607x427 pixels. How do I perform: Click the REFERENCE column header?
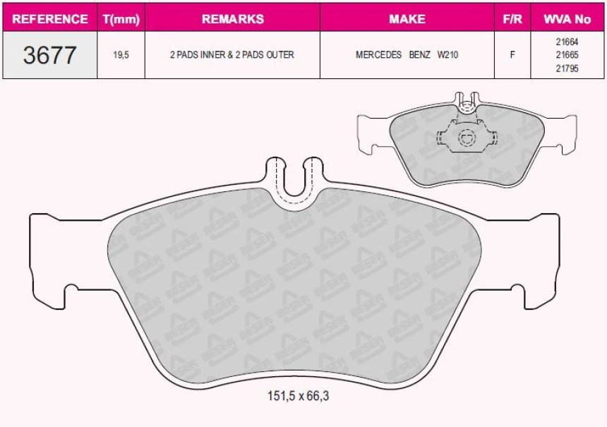50,19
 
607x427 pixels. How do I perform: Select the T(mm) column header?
121,19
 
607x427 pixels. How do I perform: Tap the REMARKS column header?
232,19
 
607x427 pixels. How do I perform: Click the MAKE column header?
407,19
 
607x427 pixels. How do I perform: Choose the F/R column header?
512,19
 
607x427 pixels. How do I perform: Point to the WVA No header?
567,19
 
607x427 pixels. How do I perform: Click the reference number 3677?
49,55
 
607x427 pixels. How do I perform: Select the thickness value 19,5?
121,55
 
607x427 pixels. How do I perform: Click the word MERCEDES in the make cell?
378,55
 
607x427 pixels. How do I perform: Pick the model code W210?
447,55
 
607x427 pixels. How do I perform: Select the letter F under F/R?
512,55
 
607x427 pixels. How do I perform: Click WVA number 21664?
567,41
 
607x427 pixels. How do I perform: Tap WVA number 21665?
567,54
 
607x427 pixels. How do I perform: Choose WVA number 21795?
567,68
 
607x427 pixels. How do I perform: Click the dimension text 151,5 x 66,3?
297,396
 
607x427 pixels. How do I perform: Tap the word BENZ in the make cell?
420,55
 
